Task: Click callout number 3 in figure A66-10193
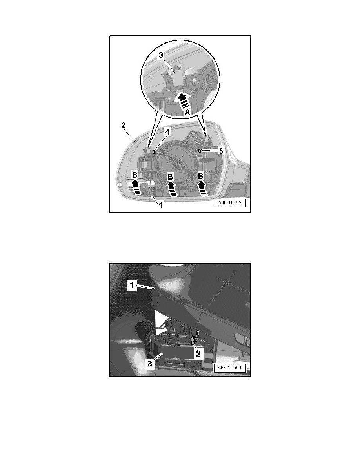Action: [161, 55]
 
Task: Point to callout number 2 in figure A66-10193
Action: [124, 125]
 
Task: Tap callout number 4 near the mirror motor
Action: [168, 132]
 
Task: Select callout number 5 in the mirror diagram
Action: [221, 151]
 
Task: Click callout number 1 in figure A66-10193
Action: [161, 205]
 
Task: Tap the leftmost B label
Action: [135, 175]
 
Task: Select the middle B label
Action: [170, 177]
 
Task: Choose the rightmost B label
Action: [201, 176]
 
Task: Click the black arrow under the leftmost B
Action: [136, 187]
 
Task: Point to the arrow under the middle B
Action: [171, 189]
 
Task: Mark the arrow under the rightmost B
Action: [202, 188]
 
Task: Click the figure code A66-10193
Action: [230, 203]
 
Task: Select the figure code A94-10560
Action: [230, 368]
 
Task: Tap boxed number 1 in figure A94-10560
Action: [132, 286]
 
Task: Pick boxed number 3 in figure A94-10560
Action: [150, 363]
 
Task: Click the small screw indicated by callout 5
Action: [200, 151]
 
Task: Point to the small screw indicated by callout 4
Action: [154, 152]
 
